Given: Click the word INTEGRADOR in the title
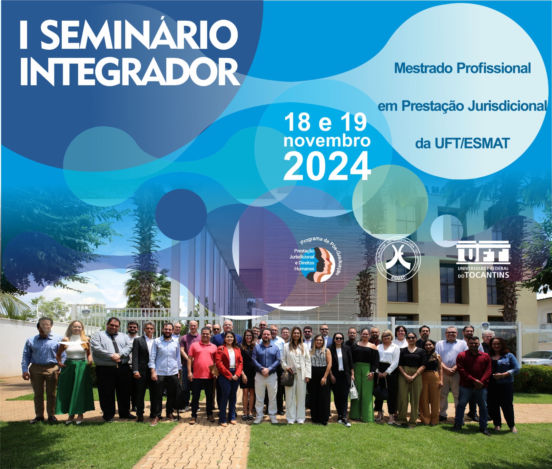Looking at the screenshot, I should (129, 72).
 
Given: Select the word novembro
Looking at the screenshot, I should (327, 141).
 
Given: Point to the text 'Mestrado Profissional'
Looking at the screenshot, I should (462, 68).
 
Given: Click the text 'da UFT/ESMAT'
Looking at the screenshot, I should (462, 143).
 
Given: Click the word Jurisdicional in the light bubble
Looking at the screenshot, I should (507, 106).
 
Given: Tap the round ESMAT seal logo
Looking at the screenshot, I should (398, 258).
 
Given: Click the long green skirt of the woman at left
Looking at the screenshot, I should (75, 387).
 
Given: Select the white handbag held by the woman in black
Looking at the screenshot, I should (354, 391).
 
